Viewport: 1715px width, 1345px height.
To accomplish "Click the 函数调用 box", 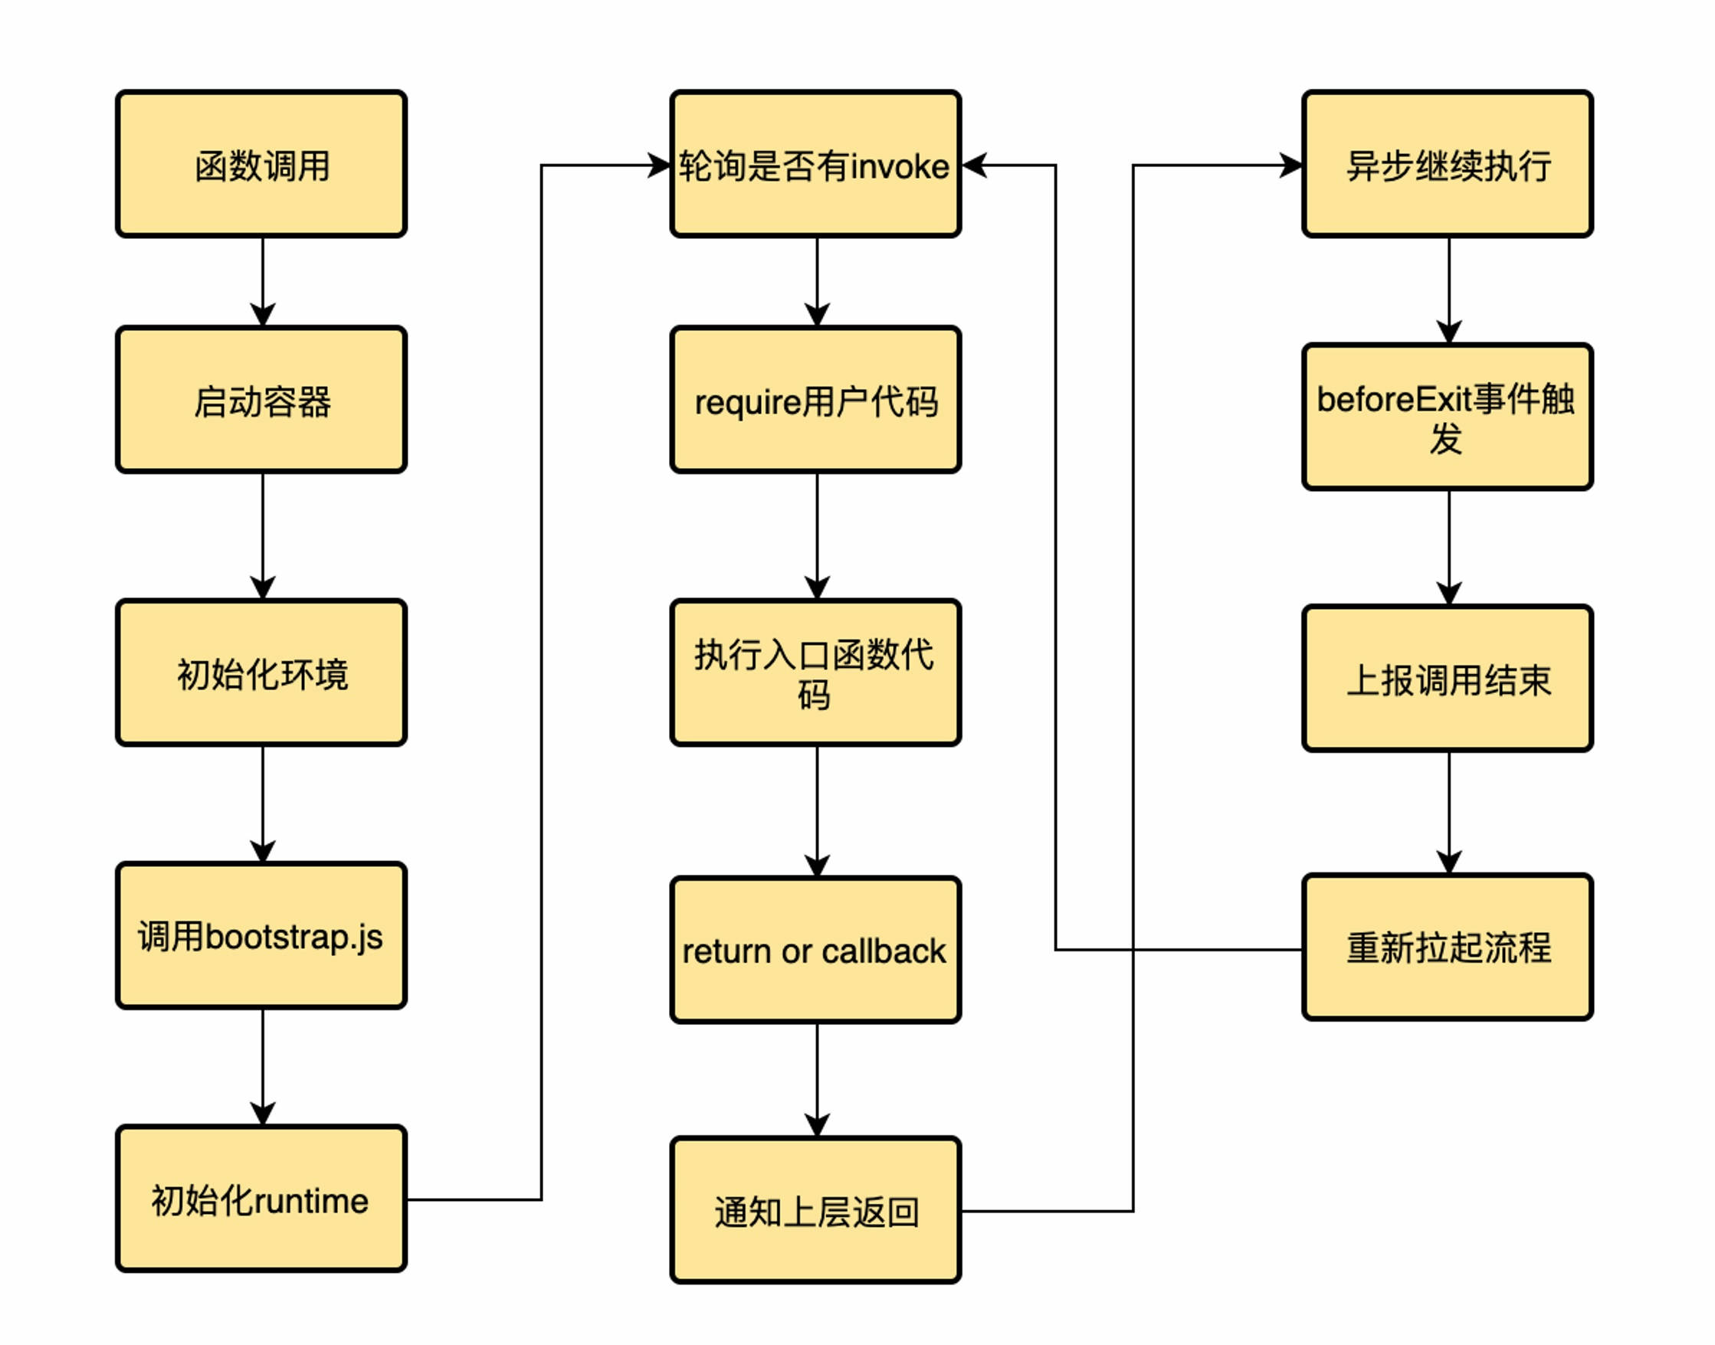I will click(261, 164).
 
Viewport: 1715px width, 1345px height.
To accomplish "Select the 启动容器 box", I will click(261, 400).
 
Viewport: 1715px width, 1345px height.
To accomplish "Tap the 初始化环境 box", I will click(261, 672).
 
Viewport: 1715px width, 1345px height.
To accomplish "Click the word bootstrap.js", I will click(293, 937).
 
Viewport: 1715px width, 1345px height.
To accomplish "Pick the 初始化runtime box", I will click(261, 1199).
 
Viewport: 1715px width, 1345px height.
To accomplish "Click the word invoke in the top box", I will click(900, 167).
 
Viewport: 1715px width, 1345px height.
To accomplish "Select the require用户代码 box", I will click(816, 400).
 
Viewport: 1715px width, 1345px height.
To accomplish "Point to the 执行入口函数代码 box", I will click(816, 672).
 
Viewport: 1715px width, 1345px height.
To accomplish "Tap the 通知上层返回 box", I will click(816, 1211).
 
